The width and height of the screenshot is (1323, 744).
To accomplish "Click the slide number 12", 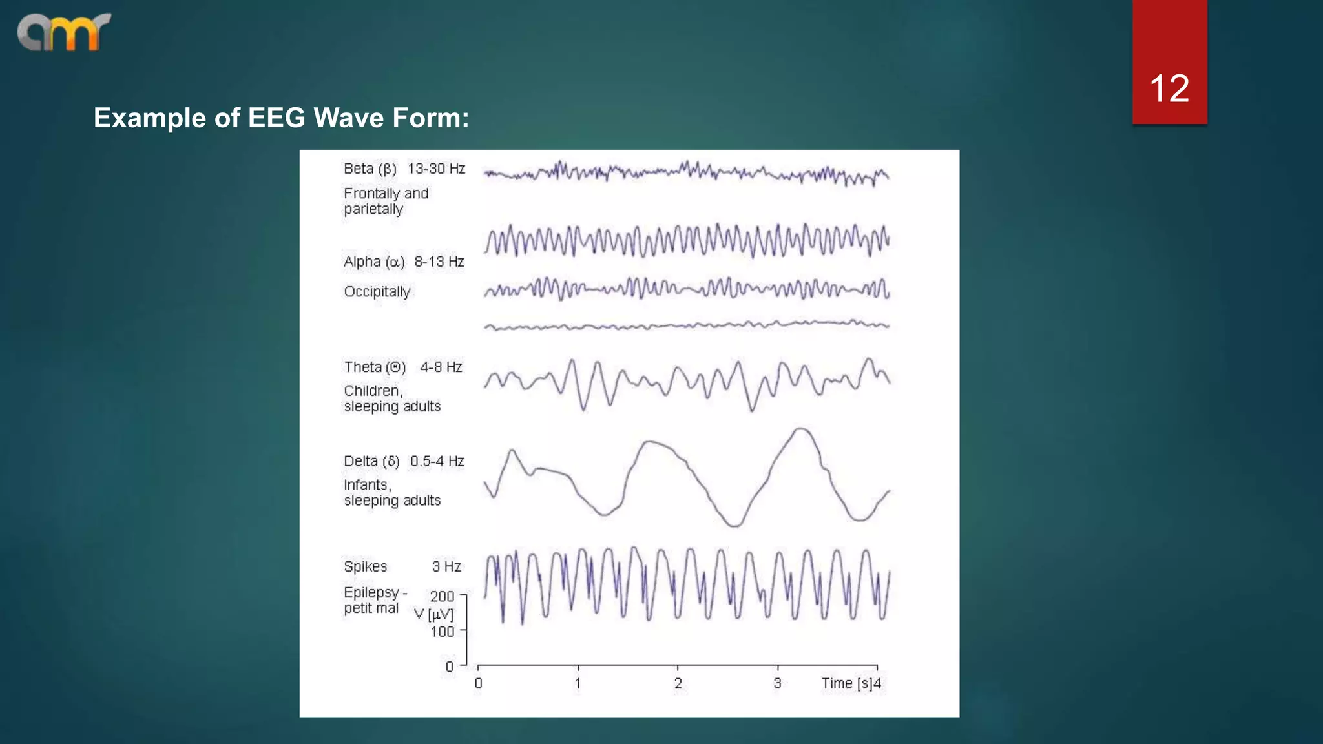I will (x=1169, y=88).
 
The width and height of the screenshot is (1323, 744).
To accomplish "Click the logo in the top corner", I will (x=64, y=32).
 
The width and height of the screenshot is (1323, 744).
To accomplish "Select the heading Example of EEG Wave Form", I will (x=281, y=118).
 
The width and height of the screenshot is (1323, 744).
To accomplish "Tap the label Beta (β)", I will (x=370, y=169).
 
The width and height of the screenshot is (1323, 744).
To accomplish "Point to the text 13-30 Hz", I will (x=436, y=169).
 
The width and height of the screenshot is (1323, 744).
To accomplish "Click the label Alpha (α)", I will (x=374, y=262).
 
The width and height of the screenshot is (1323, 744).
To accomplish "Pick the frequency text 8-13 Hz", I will (x=439, y=262).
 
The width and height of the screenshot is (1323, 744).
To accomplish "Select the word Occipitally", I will (x=377, y=292).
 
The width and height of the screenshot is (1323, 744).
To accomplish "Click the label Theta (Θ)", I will (x=375, y=367).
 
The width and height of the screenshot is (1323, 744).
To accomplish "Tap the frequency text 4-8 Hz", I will (x=441, y=367).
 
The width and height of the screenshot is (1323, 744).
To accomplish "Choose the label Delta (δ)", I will (x=371, y=462).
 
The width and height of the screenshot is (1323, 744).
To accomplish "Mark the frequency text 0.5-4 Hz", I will (x=437, y=462).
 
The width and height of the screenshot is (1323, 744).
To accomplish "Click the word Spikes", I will (x=365, y=567).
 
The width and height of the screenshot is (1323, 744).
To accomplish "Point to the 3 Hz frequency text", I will (x=446, y=567).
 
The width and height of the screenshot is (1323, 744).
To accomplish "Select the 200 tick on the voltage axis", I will (x=443, y=597).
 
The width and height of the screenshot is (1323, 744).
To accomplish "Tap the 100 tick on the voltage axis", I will (x=443, y=632).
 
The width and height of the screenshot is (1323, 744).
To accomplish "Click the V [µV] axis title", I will (x=434, y=614).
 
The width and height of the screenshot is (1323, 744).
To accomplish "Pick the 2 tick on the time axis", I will (x=678, y=683).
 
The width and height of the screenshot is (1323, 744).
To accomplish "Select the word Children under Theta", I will (x=373, y=391).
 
